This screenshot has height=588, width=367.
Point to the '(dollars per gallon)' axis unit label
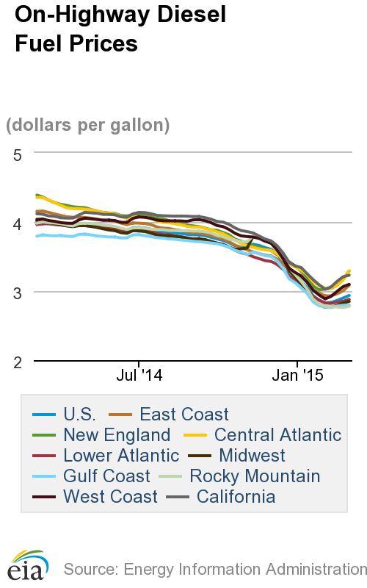point(88,125)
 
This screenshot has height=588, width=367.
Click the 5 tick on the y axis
point(18,154)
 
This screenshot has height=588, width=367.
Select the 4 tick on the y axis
point(18,223)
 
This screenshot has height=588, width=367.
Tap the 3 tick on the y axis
point(18,292)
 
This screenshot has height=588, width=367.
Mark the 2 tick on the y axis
point(18,361)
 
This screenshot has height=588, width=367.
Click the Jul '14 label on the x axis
point(139,376)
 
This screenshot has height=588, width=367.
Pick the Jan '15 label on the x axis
point(297,376)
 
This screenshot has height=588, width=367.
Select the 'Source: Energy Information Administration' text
point(214,569)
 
